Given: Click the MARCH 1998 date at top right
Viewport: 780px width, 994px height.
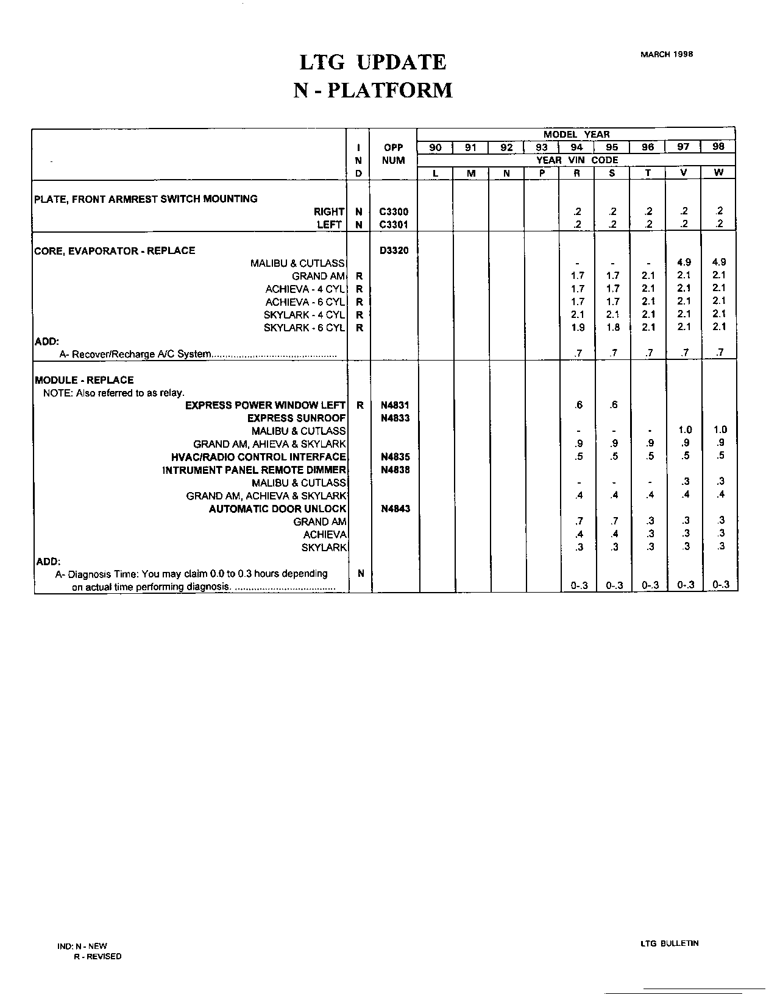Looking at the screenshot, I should pyautogui.click(x=666, y=54).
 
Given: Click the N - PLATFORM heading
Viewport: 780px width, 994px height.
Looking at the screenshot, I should pyautogui.click(x=373, y=90).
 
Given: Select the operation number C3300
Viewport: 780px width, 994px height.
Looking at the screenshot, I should pyautogui.click(x=394, y=212).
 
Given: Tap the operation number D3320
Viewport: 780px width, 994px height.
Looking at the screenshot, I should pyautogui.click(x=394, y=250).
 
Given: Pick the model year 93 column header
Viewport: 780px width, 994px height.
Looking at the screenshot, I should pyautogui.click(x=541, y=147).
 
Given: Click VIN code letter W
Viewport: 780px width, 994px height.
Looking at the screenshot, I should pyautogui.click(x=718, y=173).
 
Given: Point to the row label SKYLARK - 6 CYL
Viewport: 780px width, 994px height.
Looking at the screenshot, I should pyautogui.click(x=304, y=328).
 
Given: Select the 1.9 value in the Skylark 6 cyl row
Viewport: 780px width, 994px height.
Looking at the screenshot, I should pyautogui.click(x=578, y=328).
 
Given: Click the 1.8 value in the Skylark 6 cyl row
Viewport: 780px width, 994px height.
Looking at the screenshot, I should pyautogui.click(x=613, y=328).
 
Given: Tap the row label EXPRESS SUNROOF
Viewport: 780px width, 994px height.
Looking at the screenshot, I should pyautogui.click(x=296, y=418).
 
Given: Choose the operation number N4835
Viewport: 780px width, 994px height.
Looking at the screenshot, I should pyautogui.click(x=395, y=457).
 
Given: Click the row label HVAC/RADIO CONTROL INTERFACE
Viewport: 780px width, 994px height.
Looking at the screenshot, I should pyautogui.click(x=258, y=457).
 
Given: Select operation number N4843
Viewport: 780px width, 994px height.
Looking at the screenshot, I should pyautogui.click(x=395, y=509).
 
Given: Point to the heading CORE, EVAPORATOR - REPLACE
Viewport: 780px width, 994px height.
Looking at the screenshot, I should pyautogui.click(x=115, y=250).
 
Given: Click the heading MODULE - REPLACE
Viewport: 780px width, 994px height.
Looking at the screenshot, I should pyautogui.click(x=84, y=380).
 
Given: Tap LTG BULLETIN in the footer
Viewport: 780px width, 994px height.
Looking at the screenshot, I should pyautogui.click(x=669, y=943).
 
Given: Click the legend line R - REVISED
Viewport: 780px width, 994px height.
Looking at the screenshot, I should pyautogui.click(x=97, y=956).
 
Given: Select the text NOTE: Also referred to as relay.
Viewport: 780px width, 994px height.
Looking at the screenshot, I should pyautogui.click(x=113, y=393).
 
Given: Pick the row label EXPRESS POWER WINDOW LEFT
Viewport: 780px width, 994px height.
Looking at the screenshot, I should pyautogui.click(x=265, y=405).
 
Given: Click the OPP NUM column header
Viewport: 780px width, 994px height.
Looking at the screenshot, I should pyautogui.click(x=394, y=154).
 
